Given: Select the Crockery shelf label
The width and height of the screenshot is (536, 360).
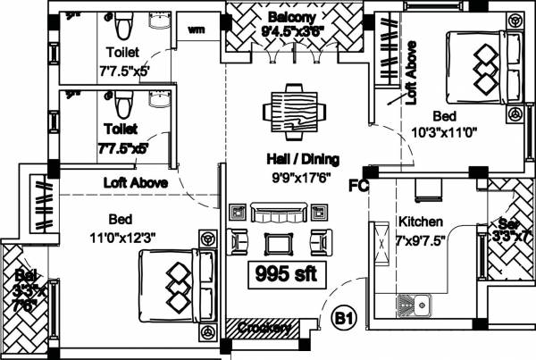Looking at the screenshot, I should (264, 330).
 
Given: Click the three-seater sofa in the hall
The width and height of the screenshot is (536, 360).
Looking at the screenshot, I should (279, 213).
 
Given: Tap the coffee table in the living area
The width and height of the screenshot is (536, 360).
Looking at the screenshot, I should (279, 241).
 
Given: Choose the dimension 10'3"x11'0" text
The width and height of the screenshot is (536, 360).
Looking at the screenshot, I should (445, 133).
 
